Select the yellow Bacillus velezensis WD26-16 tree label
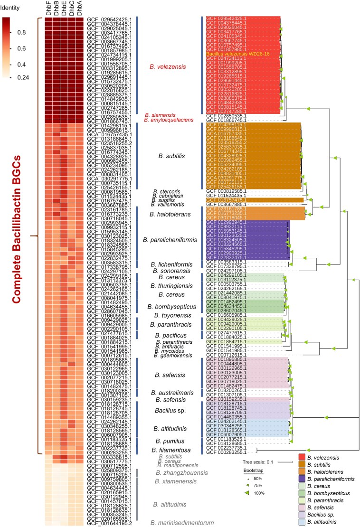pos(237,54)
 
